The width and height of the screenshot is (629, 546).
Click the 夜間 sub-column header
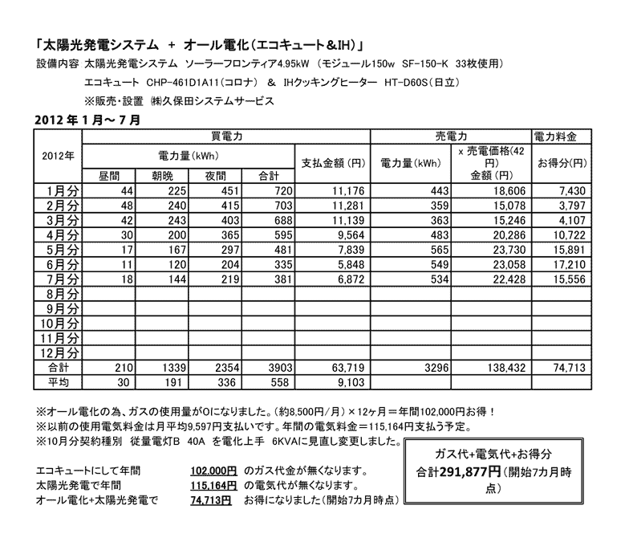pos(216,175)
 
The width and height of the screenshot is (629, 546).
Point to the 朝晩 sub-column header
pos(160,175)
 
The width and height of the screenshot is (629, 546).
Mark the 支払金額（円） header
pos(333,163)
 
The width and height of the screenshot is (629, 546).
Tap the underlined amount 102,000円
pos(213,470)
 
